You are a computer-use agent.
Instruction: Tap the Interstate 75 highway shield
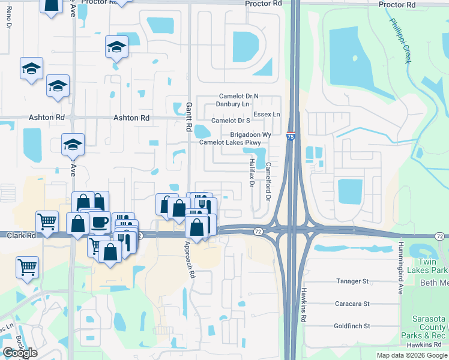coord(291,136)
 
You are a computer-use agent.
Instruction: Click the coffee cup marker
coord(100,222)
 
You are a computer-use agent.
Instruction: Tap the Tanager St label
coord(352,281)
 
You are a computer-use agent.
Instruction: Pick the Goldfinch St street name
coord(352,326)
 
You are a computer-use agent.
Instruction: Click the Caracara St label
coord(352,304)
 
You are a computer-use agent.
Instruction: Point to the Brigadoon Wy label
coord(251,135)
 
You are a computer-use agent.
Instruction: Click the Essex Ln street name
coord(267,114)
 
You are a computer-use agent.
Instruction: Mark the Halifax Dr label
coord(251,172)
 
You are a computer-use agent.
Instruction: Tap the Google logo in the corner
coord(20,353)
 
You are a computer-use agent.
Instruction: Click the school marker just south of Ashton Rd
coord(73,144)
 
